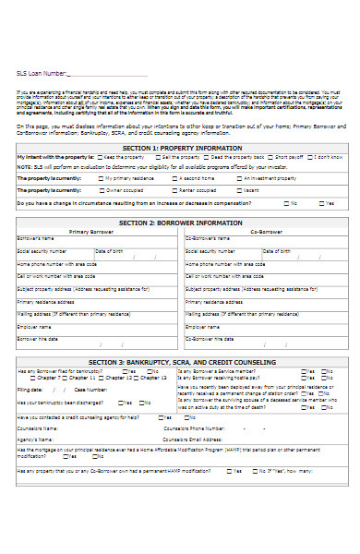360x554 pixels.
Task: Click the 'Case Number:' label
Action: (x=76, y=390)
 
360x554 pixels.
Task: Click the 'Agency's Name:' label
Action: (x=33, y=440)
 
